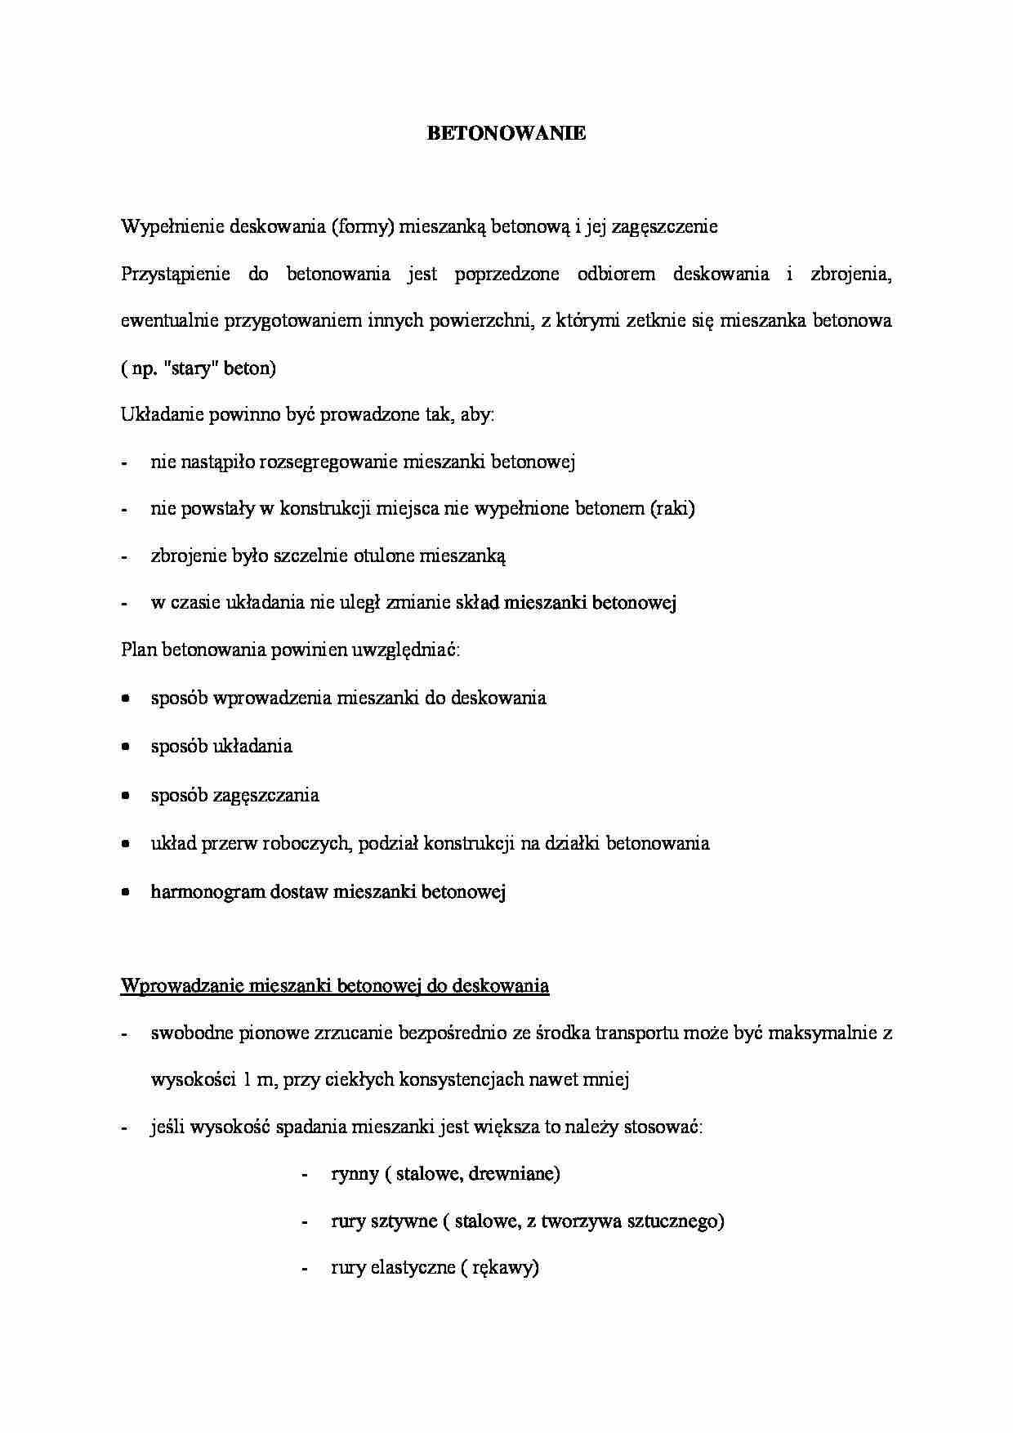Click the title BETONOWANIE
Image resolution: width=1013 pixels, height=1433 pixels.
[x=506, y=134]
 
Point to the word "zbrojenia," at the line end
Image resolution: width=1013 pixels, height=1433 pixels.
[x=850, y=275]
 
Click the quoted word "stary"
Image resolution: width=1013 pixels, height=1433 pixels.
[x=191, y=369]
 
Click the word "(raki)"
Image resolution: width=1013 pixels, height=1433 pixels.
[x=672, y=509]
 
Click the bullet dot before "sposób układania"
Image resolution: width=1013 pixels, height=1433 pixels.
[x=125, y=747]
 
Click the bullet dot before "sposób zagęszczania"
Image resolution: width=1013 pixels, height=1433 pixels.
[x=125, y=795]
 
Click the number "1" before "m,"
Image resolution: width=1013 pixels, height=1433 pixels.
[x=248, y=1080]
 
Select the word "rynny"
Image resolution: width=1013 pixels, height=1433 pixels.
[x=355, y=1175]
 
